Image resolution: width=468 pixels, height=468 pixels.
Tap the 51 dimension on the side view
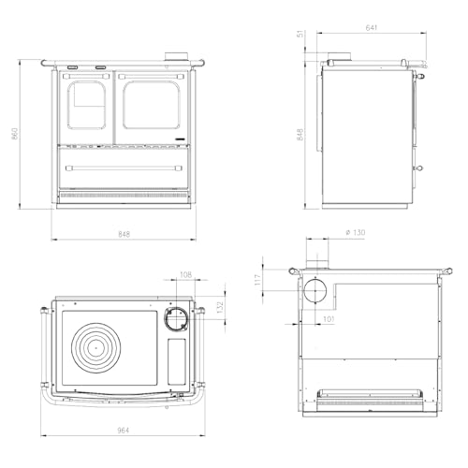pos(300,36)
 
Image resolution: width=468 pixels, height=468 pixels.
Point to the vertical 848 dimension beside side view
pos(300,134)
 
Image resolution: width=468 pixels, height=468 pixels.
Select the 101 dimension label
pos(329,318)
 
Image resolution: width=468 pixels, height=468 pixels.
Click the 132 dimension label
pos(221,307)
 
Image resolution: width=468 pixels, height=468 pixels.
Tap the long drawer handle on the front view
pos(124,167)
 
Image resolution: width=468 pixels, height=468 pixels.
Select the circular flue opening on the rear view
pos(316,290)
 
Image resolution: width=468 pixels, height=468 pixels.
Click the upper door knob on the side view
pos(420,79)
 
